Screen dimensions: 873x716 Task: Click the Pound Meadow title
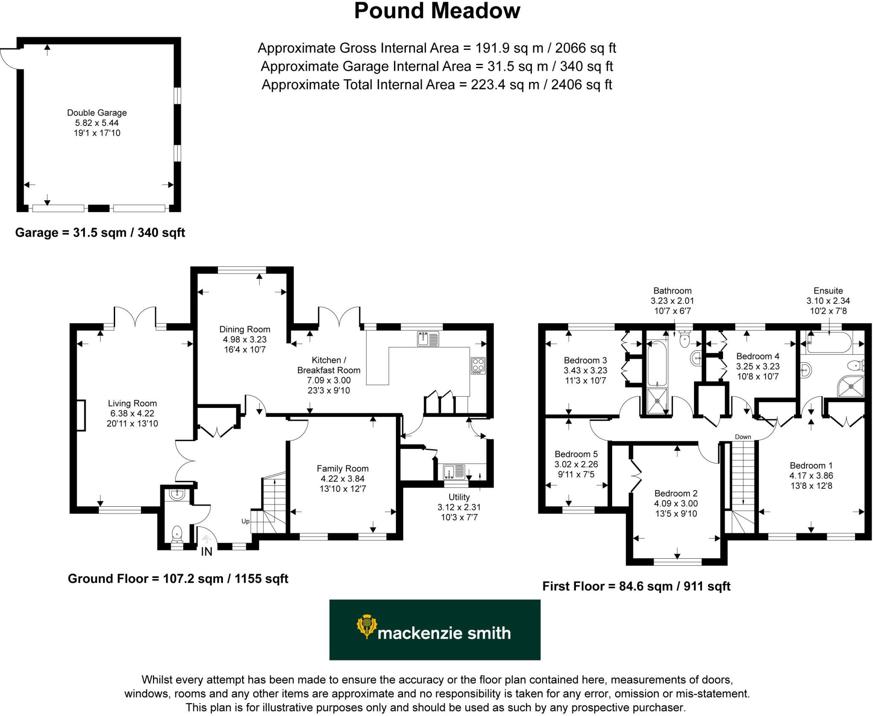[x=437, y=12]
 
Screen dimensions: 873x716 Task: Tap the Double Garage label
[x=97, y=113]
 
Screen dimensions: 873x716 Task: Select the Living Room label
[x=132, y=403]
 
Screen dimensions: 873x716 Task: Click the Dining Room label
[x=245, y=329]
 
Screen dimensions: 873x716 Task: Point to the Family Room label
[x=342, y=468]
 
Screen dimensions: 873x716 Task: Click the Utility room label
[x=459, y=497]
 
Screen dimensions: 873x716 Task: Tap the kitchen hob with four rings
[x=478, y=365]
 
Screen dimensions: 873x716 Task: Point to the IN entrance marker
[x=206, y=551]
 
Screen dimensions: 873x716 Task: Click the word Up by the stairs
[x=246, y=521]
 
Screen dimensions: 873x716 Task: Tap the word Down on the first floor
[x=743, y=437]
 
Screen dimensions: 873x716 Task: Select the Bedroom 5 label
[x=576, y=454]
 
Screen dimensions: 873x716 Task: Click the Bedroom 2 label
[x=676, y=494]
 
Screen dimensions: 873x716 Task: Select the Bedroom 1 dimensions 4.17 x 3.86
[x=811, y=476]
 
